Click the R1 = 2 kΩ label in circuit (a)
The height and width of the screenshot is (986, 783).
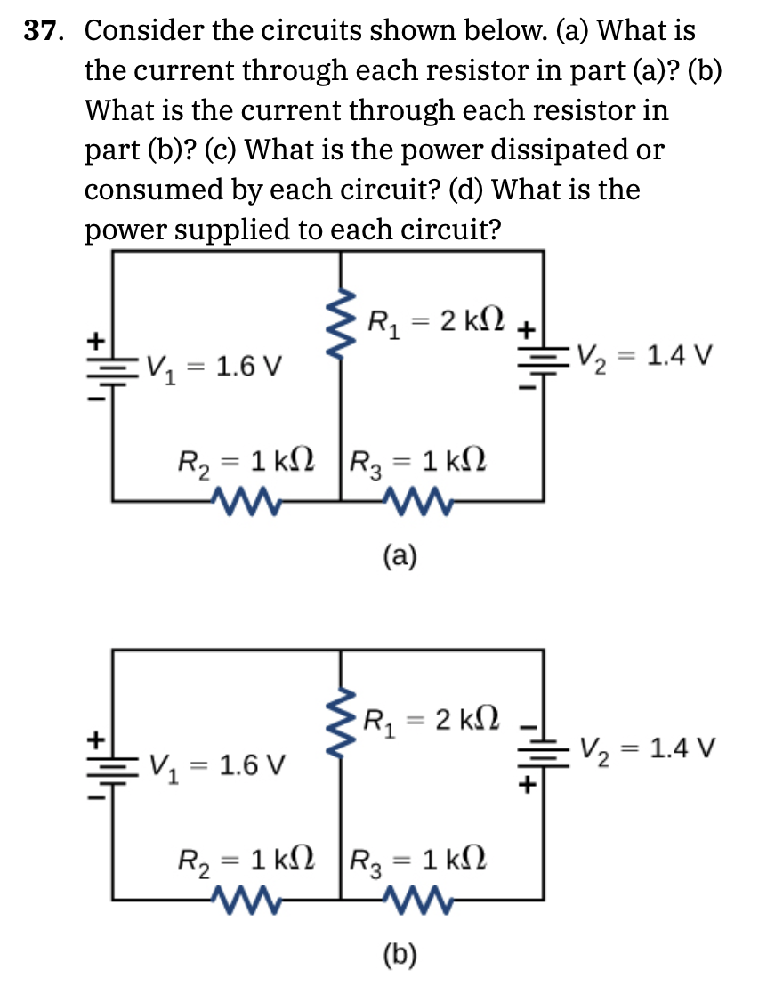435,318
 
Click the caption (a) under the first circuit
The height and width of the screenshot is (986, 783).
400,556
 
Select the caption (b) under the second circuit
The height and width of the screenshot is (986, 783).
400,956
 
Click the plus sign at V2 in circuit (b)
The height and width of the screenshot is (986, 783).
527,786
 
